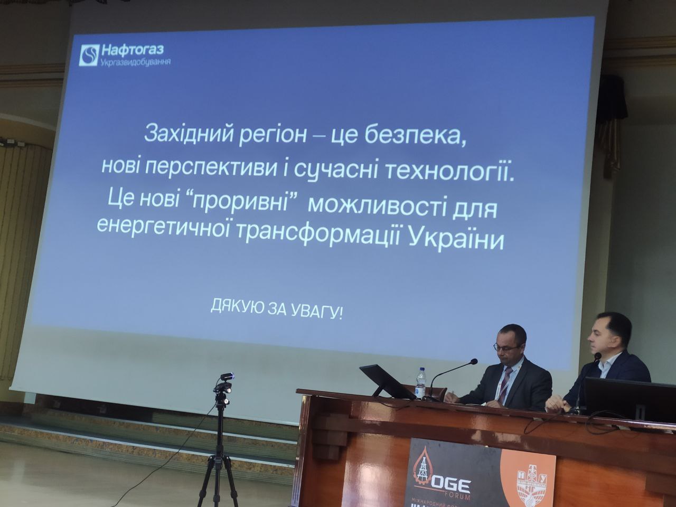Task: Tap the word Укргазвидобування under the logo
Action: [x=136, y=62]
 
